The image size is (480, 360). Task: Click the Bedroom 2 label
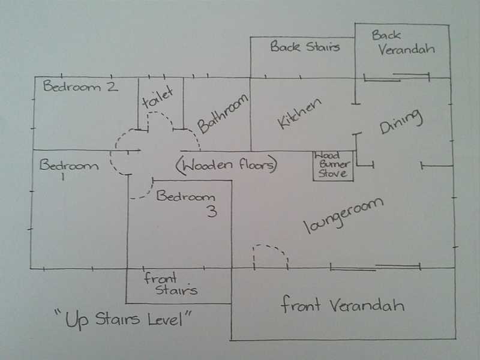tap(80, 86)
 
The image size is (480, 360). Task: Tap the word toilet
tap(158, 97)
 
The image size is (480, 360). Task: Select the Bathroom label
tap(223, 113)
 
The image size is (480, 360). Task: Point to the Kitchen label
tap(299, 113)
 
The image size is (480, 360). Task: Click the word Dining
tap(401, 122)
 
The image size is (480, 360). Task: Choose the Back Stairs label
tap(305, 47)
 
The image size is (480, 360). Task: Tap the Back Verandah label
tap(403, 43)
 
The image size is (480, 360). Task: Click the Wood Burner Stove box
tap(334, 166)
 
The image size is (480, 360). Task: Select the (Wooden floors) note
tap(227, 166)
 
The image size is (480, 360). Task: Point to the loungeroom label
tap(343, 215)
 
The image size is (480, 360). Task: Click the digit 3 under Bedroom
tap(212, 211)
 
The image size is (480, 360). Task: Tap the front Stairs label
tap(170, 284)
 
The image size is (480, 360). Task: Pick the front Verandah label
tap(342, 305)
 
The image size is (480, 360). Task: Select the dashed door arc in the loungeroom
tap(272, 247)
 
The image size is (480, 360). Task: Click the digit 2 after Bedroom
tap(112, 86)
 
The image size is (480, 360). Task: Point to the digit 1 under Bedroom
tap(63, 176)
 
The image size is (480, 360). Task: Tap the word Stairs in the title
tap(117, 319)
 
